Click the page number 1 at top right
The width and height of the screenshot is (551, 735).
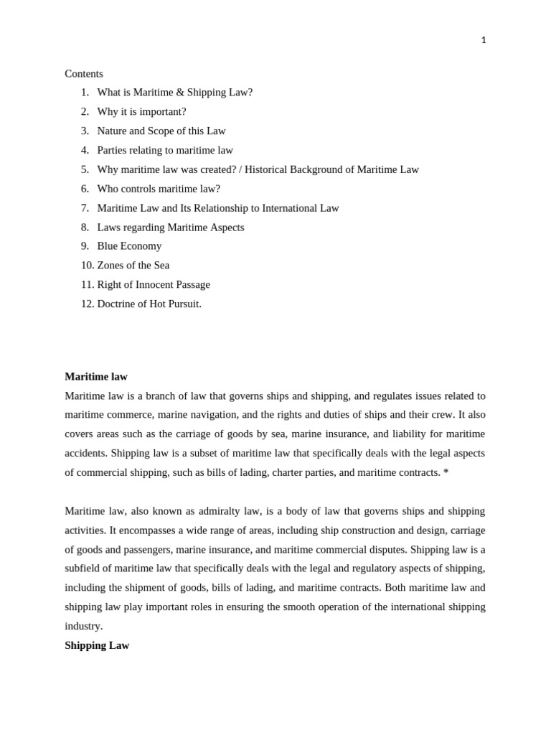pyautogui.click(x=484, y=40)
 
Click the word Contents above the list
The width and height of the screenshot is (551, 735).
pyautogui.click(x=84, y=74)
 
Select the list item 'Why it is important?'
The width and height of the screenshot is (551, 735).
pyautogui.click(x=141, y=112)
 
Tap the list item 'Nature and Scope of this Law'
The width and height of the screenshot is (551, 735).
pyautogui.click(x=161, y=131)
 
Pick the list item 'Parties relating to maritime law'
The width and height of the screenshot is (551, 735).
pyautogui.click(x=165, y=151)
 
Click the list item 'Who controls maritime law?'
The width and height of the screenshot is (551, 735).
pyautogui.click(x=159, y=189)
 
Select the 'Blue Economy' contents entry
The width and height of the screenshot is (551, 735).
pyautogui.click(x=129, y=246)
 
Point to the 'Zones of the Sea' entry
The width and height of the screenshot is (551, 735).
pyautogui.click(x=133, y=266)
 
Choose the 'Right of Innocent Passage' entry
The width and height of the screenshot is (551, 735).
pyautogui.click(x=154, y=285)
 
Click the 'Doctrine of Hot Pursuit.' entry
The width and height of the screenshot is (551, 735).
pyautogui.click(x=149, y=304)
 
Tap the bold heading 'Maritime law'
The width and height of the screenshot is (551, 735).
pyautogui.click(x=96, y=377)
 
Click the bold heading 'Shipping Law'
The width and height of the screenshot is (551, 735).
pyautogui.click(x=97, y=645)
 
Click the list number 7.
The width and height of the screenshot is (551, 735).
pyautogui.click(x=85, y=208)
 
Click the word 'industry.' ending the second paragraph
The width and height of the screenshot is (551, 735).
pyautogui.click(x=84, y=626)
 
